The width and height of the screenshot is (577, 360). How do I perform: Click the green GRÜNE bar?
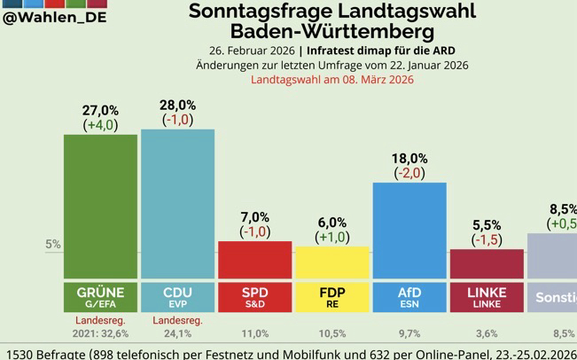click(x=100, y=207)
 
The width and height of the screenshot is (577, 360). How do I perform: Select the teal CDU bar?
click(x=177, y=204)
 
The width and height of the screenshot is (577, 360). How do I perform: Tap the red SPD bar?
click(x=254, y=260)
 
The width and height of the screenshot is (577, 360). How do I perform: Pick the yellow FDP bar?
click(x=331, y=262)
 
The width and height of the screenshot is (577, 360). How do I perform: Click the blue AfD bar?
click(x=409, y=231)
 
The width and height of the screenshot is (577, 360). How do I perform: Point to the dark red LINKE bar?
click(x=486, y=264)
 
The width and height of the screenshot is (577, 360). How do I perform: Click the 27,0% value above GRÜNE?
click(x=100, y=110)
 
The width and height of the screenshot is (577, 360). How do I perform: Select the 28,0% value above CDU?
click(x=177, y=105)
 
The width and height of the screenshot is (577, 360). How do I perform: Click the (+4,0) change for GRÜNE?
click(x=100, y=125)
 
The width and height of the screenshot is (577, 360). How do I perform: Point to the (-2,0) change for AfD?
click(x=409, y=173)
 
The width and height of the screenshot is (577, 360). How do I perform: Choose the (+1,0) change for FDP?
click(x=331, y=237)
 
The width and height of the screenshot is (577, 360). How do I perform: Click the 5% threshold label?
click(x=52, y=245)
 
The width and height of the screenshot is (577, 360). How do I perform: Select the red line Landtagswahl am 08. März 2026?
click(x=331, y=80)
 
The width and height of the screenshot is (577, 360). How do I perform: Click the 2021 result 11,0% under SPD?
click(x=254, y=334)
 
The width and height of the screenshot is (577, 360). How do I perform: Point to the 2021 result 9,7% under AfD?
click(x=409, y=334)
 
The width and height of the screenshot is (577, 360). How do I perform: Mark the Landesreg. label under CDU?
click(x=177, y=320)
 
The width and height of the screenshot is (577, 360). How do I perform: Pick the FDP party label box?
click(x=331, y=297)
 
